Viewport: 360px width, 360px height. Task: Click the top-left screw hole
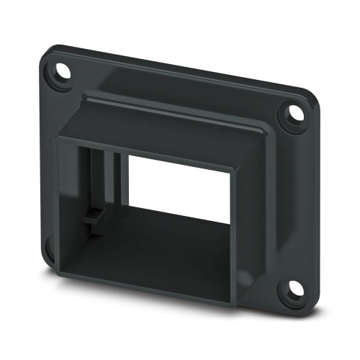[56, 72]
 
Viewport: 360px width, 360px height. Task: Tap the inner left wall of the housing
[76, 202]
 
